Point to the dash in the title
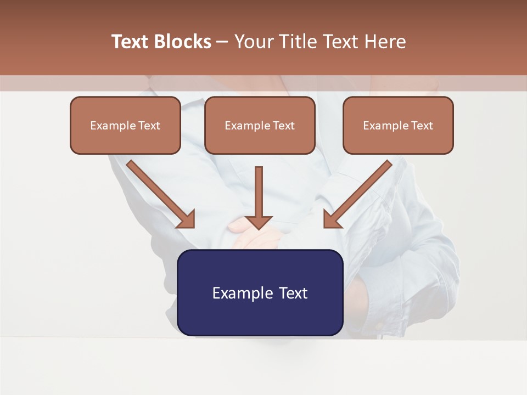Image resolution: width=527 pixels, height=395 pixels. (x=222, y=42)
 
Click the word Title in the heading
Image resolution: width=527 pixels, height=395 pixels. (x=298, y=42)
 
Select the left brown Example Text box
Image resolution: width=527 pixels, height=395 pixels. (x=125, y=125)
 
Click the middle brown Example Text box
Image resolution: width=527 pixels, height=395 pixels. (x=260, y=125)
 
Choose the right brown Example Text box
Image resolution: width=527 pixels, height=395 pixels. (x=398, y=125)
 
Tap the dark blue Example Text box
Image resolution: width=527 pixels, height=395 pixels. (x=260, y=292)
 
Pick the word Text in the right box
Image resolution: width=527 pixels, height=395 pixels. (x=422, y=126)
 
